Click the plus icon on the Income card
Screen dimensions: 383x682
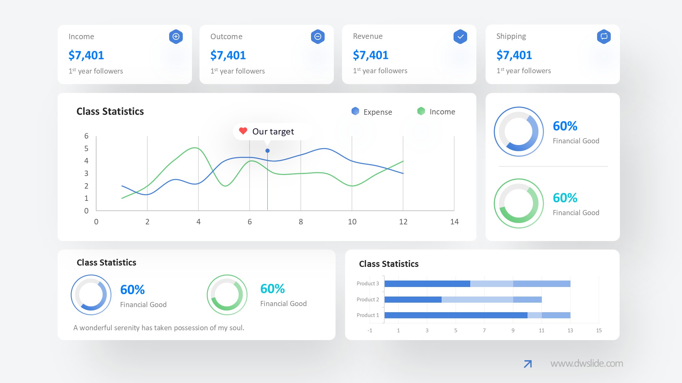pos(176,36)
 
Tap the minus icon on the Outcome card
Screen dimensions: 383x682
pos(318,36)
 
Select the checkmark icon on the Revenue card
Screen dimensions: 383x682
pos(460,36)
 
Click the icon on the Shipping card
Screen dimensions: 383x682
pos(604,36)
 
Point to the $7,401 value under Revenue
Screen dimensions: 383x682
pos(371,55)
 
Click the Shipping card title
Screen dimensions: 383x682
pos(511,36)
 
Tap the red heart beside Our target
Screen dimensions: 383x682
pos(243,131)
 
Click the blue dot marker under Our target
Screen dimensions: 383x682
pos(268,150)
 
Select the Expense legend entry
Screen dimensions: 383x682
pos(372,112)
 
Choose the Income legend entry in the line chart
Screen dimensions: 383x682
pos(436,111)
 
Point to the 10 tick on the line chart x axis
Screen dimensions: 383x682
pos(352,222)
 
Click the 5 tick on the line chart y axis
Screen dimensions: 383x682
pos(86,148)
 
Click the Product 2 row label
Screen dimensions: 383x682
pos(368,299)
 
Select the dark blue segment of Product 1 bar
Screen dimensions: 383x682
pos(456,315)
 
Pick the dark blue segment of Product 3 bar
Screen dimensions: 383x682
pos(427,284)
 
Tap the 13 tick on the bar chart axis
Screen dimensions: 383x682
pos(570,330)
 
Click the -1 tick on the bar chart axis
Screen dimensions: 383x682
pos(370,330)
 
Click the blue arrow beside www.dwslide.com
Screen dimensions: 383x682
pos(528,364)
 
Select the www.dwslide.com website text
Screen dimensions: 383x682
pos(587,363)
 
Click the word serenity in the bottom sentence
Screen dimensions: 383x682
pos(127,328)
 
